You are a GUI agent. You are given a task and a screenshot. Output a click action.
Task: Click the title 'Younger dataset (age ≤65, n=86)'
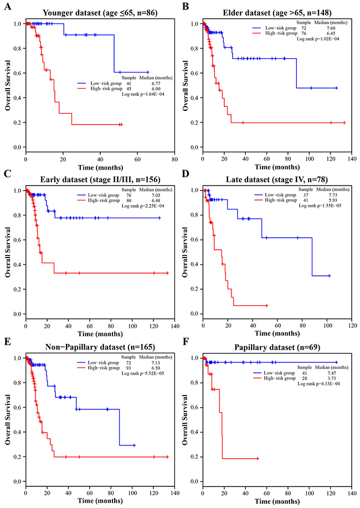pyautogui.click(x=100, y=13)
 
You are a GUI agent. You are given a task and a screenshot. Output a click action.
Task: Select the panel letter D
pyautogui.click(x=186, y=173)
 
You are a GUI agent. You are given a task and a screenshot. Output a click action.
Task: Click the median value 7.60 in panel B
pyautogui.click(x=331, y=28)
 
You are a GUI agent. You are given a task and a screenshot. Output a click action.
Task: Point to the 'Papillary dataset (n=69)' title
pyautogui.click(x=277, y=347)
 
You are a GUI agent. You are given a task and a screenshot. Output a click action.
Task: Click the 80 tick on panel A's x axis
pyautogui.click(x=174, y=160)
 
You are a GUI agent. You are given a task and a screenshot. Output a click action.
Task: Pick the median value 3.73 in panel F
pyautogui.click(x=332, y=378)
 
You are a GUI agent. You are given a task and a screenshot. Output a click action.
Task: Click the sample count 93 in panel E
pyautogui.click(x=128, y=368)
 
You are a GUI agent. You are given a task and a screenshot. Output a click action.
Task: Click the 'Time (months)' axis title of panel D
pyautogui.click(x=277, y=333)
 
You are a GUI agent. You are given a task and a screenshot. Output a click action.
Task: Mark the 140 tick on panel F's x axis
pyautogui.click(x=352, y=494)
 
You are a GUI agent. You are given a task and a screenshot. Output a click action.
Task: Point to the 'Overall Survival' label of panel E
pyautogui.click(x=8, y=419)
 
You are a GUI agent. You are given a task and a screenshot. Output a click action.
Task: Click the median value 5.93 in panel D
pyautogui.click(x=332, y=200)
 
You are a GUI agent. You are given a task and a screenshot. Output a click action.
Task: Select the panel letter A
pyautogui.click(x=7, y=6)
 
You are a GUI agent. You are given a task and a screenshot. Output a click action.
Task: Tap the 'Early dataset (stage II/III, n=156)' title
pyautogui.click(x=100, y=179)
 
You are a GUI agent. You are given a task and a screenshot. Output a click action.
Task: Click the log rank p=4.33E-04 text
pyautogui.click(x=319, y=384)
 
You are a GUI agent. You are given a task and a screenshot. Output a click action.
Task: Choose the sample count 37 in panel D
pyautogui.click(x=306, y=195)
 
